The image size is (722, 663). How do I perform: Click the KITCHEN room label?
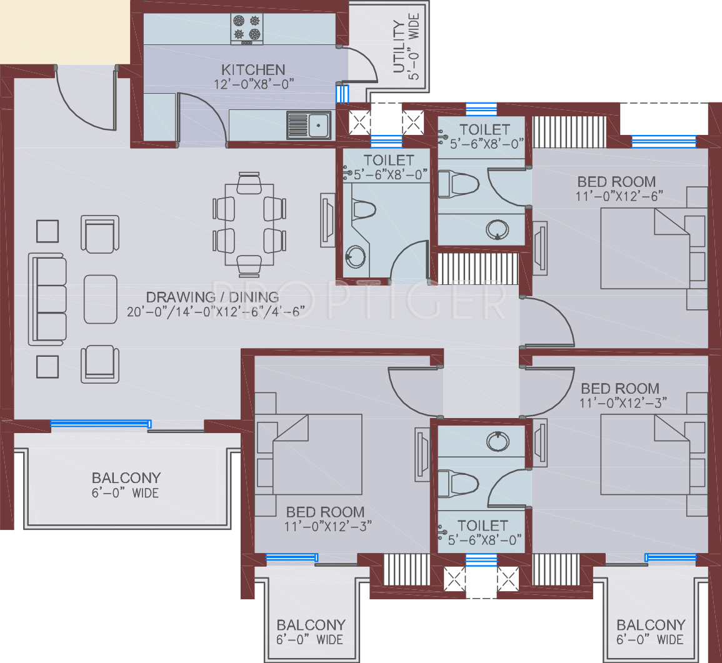point(253,70)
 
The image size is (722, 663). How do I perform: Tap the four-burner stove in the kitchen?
point(247,29)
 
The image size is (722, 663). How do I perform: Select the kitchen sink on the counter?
point(309,125)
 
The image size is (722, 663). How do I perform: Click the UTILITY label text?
point(399,47)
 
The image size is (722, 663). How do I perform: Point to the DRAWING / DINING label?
point(213,297)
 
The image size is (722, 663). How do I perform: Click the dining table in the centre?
point(249,225)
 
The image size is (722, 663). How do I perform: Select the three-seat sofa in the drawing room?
point(47,299)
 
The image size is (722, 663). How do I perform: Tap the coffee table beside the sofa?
point(101,299)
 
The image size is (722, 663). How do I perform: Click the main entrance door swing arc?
point(81,113)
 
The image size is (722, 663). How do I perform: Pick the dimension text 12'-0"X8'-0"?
point(254,85)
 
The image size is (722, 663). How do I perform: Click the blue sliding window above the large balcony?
point(101,424)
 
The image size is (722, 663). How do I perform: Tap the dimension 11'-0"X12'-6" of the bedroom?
point(619,197)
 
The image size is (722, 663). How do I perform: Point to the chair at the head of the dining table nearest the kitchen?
point(249,183)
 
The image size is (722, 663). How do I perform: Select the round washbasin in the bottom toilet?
point(498,441)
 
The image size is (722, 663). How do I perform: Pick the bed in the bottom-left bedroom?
point(309,454)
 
